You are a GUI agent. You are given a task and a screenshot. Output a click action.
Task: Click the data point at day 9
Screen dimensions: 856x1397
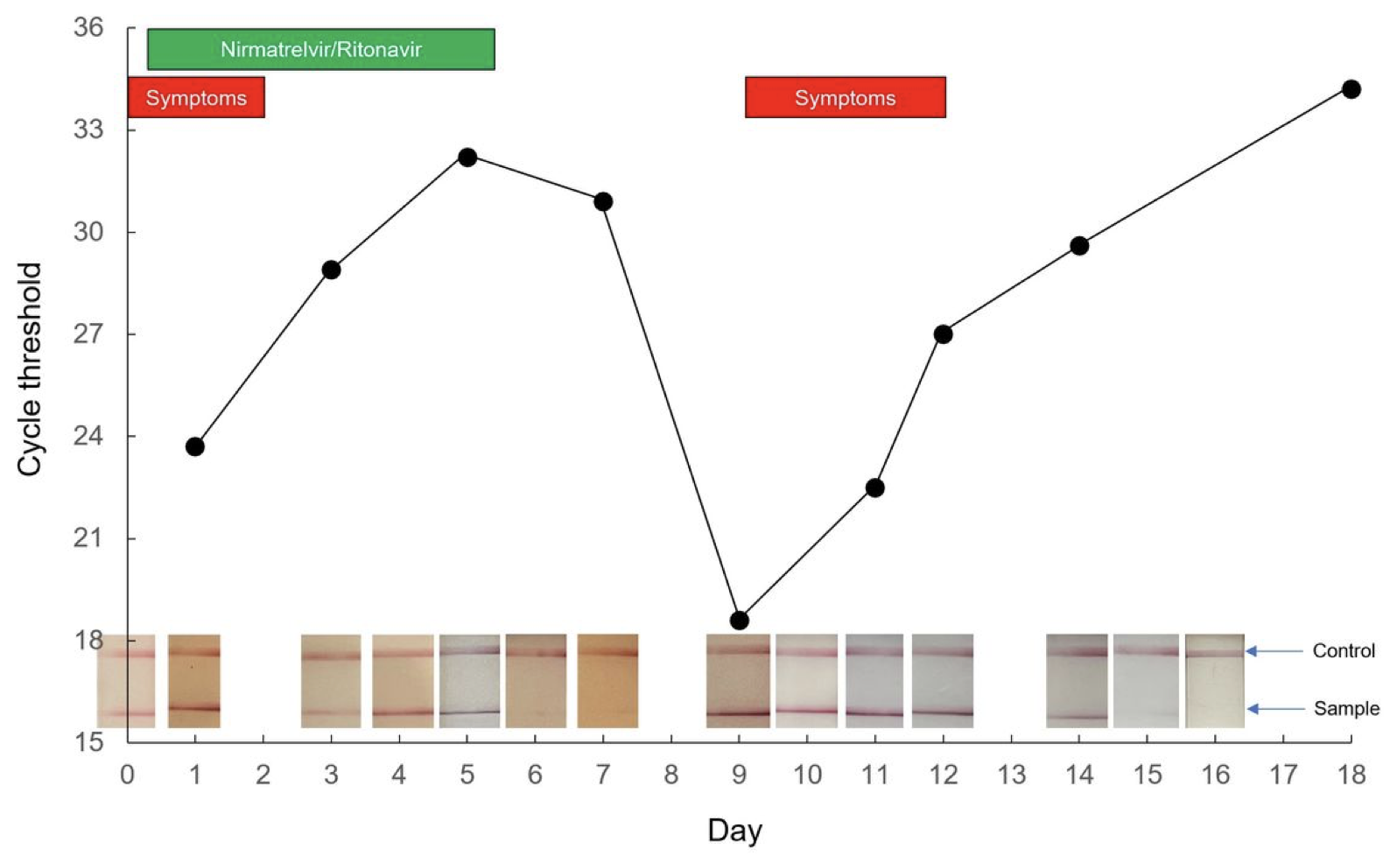[739, 621]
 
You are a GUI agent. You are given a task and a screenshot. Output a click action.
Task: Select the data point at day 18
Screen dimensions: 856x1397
[1351, 89]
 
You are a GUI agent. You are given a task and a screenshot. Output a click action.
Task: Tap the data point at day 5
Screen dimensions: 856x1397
[467, 158]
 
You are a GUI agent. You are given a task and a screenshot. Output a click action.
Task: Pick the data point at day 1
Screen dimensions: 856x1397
[195, 447]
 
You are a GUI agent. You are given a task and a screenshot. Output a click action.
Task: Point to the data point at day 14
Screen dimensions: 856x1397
[1079, 246]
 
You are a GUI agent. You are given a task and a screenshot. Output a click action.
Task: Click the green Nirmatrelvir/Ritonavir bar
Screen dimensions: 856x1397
[320, 49]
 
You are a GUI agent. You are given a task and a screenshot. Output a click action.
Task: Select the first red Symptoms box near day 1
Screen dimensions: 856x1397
[196, 97]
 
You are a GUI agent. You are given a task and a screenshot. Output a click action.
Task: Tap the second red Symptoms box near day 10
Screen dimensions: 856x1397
[845, 97]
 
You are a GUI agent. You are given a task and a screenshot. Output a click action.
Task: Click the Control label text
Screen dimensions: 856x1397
[1343, 650]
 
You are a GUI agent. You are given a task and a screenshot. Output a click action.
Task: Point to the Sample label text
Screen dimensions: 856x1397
[1346, 708]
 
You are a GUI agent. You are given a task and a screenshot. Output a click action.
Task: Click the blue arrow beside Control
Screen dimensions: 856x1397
[1274, 650]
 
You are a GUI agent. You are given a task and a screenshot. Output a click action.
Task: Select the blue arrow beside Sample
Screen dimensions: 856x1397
[1274, 708]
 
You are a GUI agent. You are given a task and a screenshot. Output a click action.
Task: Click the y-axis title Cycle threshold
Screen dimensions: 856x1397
[30, 369]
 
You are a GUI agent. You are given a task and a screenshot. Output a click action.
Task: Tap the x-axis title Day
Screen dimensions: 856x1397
[734, 830]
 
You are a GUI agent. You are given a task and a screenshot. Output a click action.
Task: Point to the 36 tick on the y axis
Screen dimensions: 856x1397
[88, 28]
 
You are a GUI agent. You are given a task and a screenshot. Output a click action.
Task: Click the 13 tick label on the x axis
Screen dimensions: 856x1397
[1011, 775]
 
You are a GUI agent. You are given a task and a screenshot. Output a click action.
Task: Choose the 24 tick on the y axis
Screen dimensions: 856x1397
[88, 436]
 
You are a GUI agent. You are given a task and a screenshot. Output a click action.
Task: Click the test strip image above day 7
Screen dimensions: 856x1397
[607, 681]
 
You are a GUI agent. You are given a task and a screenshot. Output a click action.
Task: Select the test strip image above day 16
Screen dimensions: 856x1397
[1214, 681]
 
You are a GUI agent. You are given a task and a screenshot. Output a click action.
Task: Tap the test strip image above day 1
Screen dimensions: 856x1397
[193, 681]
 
